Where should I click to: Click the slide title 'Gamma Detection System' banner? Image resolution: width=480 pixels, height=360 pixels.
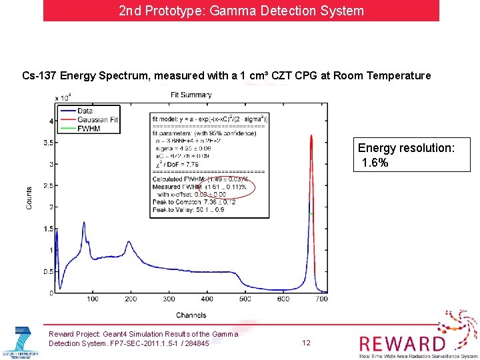point(241,11)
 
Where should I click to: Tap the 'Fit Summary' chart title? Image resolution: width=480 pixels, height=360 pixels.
point(191,95)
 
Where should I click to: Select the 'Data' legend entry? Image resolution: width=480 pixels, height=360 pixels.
point(85,111)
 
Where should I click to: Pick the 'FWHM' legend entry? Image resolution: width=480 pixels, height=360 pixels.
point(89,128)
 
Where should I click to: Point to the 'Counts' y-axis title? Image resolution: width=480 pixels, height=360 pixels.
point(29,198)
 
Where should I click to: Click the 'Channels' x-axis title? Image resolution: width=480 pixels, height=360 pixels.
point(191,315)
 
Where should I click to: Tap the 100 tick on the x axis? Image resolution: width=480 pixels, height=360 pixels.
point(93,299)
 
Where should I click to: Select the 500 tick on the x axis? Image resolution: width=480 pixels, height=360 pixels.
point(245,299)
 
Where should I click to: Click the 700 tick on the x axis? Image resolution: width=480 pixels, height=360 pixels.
point(321,299)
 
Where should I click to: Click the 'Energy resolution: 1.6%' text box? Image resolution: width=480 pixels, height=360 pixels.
point(406,155)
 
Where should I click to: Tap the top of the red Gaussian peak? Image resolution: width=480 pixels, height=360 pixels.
point(311,136)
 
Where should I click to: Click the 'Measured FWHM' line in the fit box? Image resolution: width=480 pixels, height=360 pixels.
point(199,187)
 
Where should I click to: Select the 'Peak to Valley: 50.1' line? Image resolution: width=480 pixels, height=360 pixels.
point(189,209)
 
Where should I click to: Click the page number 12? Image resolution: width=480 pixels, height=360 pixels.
point(306,343)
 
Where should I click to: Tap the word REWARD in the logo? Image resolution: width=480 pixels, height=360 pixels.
point(402,343)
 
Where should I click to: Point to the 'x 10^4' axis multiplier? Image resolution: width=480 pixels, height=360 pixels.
point(64,97)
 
